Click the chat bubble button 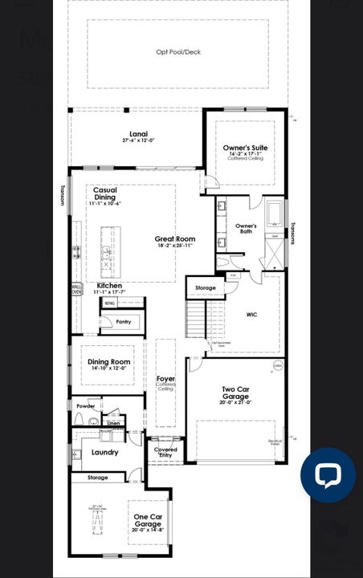328,475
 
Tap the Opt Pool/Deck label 177,52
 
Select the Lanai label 138,133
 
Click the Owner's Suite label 245,149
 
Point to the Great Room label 175,239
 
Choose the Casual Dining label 105,193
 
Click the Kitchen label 109,286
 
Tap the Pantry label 123,321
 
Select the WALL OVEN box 77,290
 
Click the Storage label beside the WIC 206,287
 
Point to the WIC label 251,315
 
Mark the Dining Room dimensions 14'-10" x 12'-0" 109,368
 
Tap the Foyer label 165,378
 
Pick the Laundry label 105,452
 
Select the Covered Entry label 165,452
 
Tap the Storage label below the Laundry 98,478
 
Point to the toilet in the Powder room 92,421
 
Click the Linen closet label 114,422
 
